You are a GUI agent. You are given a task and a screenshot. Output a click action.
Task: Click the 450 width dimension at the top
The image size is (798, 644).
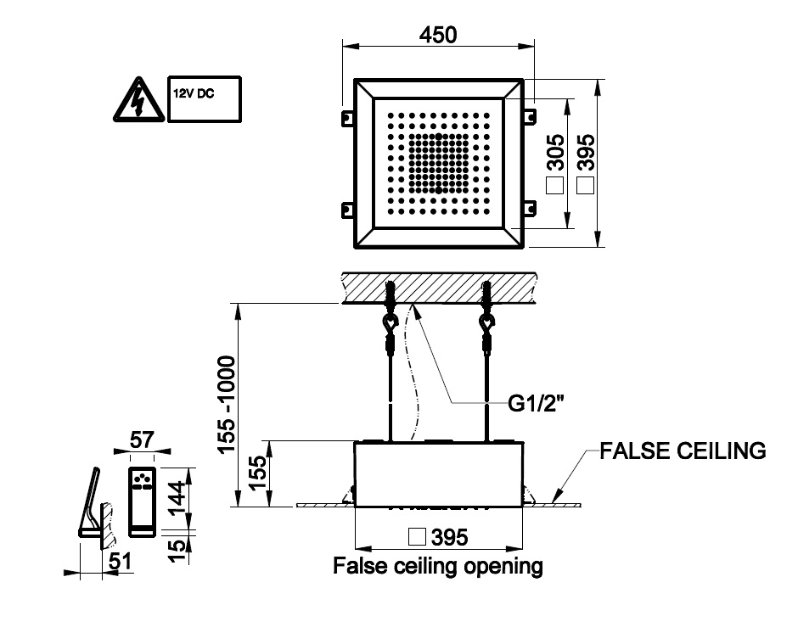438,35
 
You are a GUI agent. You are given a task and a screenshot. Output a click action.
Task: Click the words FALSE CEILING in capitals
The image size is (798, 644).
683,451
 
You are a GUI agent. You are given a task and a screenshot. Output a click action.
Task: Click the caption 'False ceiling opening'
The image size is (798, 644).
438,565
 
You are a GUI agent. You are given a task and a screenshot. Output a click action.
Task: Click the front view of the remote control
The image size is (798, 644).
142,501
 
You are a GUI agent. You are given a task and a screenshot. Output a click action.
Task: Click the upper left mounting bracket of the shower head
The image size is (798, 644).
346,115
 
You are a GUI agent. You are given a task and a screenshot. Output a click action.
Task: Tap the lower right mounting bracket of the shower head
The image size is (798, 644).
529,208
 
